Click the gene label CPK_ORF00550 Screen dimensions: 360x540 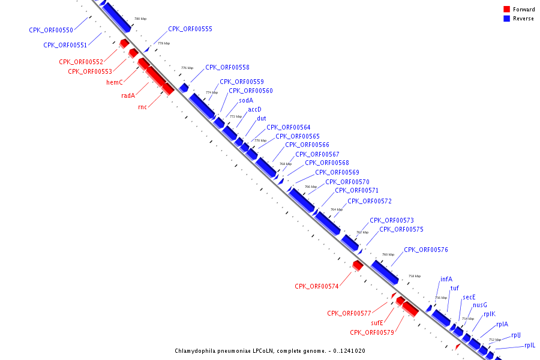coord(51,31)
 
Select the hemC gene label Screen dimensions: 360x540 coord(115,82)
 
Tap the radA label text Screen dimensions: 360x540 coord(128,95)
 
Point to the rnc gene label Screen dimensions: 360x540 coord(142,107)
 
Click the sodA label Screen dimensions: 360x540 coord(246,100)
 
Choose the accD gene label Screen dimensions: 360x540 coord(255,109)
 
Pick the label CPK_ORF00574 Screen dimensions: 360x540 coord(316,287)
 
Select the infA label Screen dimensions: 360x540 coord(446,279)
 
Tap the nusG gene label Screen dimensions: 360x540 coord(480,305)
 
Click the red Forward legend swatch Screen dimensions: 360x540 coord(506,10)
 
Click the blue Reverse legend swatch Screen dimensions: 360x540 coord(506,19)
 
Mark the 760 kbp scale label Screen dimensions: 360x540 coord(389,254)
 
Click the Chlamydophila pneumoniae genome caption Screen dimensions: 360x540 coord(270,351)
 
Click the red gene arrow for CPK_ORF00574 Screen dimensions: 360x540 coord(358,265)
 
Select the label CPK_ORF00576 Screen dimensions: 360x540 coord(425,250)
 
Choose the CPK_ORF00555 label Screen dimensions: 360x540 coord(190,29)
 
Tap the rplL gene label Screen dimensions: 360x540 coord(530,345)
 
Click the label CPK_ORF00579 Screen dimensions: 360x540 coord(372,332)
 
